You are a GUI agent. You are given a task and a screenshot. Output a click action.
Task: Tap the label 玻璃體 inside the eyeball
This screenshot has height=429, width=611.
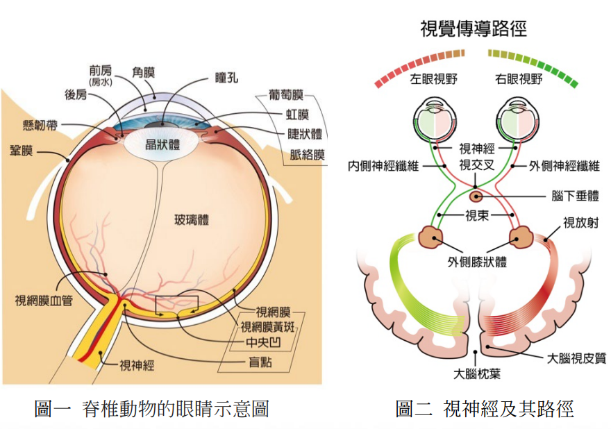tap(192, 220)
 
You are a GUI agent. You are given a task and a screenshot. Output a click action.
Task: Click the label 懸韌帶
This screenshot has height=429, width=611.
tap(40, 126)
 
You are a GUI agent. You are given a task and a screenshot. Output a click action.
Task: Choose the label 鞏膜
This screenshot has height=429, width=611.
tap(21, 151)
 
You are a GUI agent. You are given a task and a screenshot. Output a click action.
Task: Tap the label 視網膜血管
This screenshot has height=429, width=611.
tap(44, 301)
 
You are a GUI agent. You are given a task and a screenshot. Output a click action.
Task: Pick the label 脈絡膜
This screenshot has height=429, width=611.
tap(307, 155)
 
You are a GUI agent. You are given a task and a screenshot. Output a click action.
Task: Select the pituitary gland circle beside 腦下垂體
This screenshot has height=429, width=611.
tap(475, 196)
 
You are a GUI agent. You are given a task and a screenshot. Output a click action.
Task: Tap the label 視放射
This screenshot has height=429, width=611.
tap(581, 222)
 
